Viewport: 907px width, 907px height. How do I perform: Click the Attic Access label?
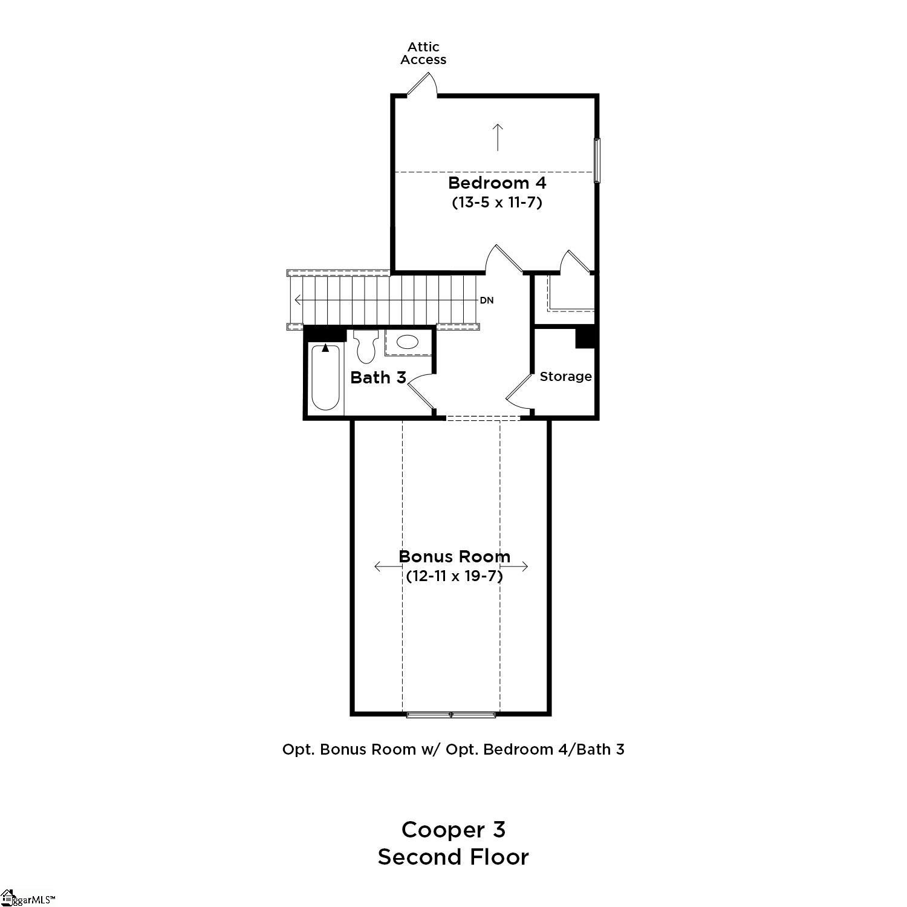pos(423,53)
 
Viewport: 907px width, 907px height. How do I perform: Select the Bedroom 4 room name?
pos(497,183)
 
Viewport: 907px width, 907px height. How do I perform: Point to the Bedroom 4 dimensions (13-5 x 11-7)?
pos(497,203)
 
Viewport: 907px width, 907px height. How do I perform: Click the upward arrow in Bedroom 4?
pos(498,137)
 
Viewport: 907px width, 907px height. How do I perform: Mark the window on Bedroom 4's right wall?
pos(597,160)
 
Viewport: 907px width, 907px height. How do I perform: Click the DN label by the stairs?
pos(487,301)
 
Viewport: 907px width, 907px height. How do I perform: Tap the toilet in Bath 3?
pos(365,346)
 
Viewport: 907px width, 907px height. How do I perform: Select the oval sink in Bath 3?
pos(406,343)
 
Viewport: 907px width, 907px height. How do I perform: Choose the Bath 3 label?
pos(378,378)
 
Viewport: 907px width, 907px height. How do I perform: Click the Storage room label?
pos(565,377)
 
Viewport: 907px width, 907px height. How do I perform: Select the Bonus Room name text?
pos(454,556)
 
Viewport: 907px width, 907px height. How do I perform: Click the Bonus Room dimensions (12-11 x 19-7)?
pos(454,576)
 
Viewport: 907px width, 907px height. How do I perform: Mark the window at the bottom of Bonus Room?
pos(451,715)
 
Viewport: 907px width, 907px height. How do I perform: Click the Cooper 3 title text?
pos(453,830)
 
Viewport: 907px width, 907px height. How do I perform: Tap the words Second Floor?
pos(453,857)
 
